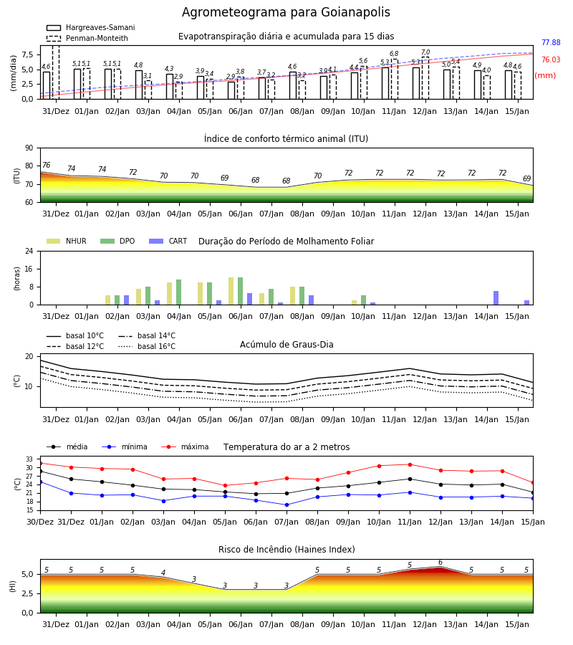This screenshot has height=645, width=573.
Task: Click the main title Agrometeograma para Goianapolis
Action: tap(286, 12)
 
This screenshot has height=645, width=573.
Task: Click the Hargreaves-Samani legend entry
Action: tap(91, 27)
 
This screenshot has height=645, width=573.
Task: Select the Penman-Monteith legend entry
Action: tap(87, 38)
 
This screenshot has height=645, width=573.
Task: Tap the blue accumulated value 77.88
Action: tap(551, 42)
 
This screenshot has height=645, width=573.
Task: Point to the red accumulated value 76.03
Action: tap(551, 59)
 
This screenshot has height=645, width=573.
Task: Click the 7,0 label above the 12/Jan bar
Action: tap(425, 52)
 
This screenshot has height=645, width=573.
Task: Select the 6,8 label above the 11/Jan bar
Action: tap(394, 54)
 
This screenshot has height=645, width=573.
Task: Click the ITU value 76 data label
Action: tap(46, 165)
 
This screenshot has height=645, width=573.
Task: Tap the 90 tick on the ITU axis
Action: tap(29, 148)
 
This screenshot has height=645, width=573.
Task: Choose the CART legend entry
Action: tap(168, 241)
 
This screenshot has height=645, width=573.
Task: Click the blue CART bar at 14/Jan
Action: tap(496, 298)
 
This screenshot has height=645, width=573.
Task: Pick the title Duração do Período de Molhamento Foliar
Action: tap(286, 241)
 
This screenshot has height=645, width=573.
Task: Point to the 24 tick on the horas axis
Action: tap(29, 251)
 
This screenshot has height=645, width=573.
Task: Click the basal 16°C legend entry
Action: tap(147, 346)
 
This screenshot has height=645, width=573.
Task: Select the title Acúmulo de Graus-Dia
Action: tap(286, 344)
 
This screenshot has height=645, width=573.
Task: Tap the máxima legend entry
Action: tap(185, 446)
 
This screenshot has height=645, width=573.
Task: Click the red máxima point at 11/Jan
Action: tap(410, 464)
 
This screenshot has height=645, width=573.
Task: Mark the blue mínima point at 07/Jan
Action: tap(286, 505)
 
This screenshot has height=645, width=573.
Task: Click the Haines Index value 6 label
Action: tap(440, 563)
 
